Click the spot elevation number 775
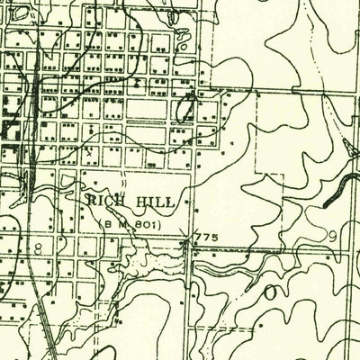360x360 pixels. pos(206,238)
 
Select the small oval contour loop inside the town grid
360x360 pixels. pos(187,112)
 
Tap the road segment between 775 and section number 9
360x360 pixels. pos(270,249)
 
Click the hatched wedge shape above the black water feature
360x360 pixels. pos(348,148)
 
